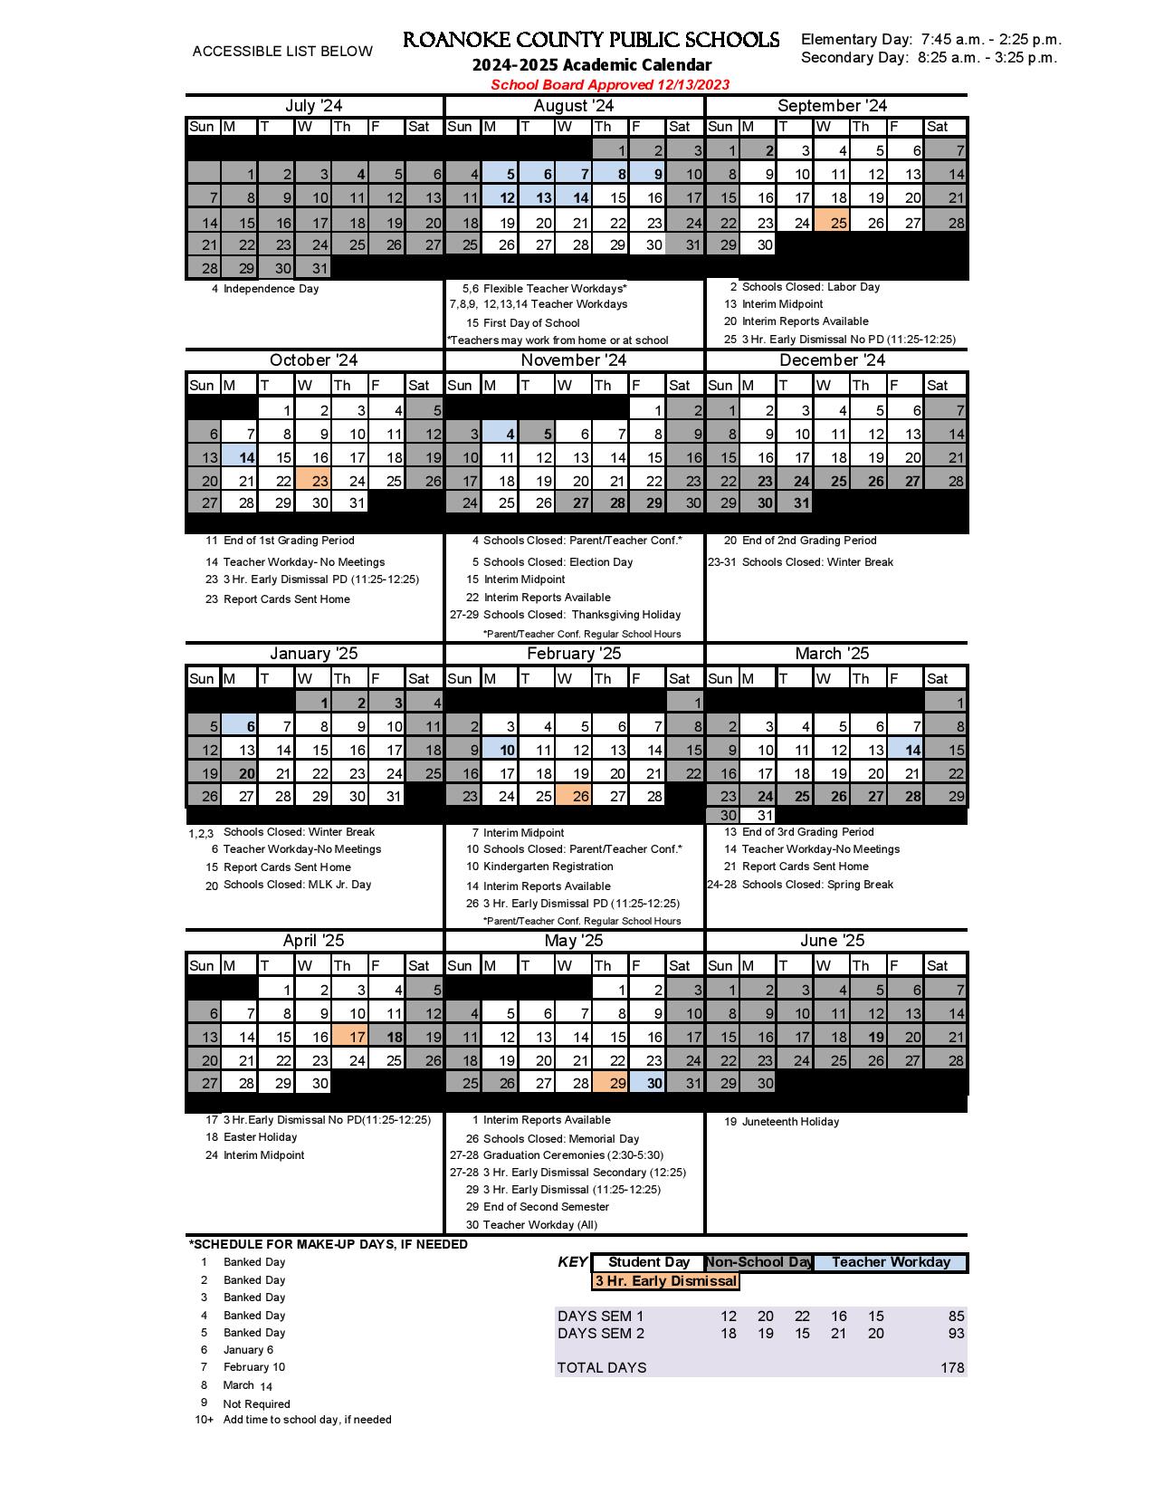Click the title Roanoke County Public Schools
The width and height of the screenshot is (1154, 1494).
[590, 40]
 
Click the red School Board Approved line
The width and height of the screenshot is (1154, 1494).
[610, 85]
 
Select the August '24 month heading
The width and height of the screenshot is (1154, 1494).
[574, 106]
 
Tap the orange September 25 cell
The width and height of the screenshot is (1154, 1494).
[832, 222]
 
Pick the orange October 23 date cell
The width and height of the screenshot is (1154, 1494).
[314, 481]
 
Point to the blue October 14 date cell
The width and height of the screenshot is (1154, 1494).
[240, 457]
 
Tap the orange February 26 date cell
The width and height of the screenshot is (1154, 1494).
[574, 796]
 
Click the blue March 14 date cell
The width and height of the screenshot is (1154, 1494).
[906, 749]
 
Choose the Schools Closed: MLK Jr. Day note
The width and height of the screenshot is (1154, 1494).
[297, 885]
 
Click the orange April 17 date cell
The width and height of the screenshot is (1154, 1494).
[350, 1037]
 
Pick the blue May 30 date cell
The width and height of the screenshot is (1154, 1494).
[648, 1083]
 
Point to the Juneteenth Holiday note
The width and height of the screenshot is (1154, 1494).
[790, 1122]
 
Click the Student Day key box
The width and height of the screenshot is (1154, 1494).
[648, 1262]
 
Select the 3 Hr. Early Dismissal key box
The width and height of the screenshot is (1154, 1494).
[665, 1281]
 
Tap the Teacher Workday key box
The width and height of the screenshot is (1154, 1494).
[891, 1262]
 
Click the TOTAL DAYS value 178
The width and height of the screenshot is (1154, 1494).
[951, 1368]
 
